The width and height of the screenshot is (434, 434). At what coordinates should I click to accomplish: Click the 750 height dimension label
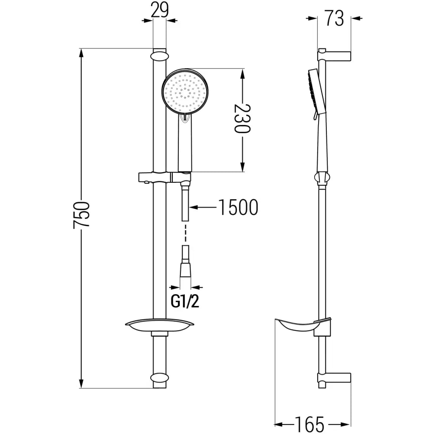point(81,214)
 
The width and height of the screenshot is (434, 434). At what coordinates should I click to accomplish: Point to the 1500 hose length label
point(238,208)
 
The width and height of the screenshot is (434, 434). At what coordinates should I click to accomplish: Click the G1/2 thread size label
point(185,301)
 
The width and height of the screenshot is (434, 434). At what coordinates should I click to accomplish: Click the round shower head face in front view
point(186,92)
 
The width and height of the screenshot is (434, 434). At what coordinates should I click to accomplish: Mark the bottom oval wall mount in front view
point(159,378)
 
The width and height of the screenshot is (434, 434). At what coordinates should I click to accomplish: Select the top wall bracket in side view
point(334,56)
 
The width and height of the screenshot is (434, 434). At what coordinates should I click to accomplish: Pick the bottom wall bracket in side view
point(334,377)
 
